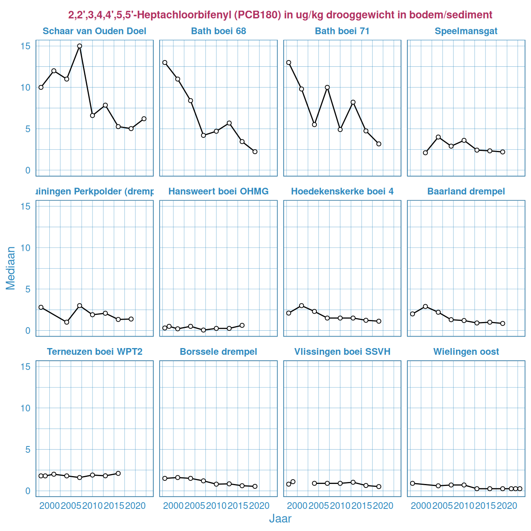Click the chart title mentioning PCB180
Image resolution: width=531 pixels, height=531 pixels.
[280, 15]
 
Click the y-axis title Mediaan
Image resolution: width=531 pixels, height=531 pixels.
[11, 268]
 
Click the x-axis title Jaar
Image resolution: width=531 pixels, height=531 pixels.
[280, 519]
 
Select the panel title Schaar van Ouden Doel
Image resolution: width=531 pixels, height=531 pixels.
[94, 31]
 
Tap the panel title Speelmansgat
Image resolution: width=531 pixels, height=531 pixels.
[466, 31]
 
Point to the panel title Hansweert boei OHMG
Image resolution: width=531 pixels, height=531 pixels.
[218, 192]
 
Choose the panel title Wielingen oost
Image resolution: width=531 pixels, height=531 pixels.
[466, 352]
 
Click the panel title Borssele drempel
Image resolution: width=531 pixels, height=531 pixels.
[218, 352]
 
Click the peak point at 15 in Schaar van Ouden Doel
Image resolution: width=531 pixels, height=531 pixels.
[79, 46]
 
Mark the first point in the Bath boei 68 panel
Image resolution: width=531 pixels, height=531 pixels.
[165, 62]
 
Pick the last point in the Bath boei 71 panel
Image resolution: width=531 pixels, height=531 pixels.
[379, 144]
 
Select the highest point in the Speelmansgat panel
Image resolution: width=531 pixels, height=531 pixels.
[438, 137]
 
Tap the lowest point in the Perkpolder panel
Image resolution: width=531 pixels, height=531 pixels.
[67, 322]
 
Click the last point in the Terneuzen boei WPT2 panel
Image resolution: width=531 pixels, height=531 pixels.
[118, 473]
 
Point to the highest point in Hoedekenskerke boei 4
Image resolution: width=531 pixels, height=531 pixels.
[301, 305]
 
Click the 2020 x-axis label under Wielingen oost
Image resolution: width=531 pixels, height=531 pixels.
[507, 506]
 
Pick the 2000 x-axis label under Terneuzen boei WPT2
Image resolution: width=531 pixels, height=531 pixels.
[49, 506]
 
